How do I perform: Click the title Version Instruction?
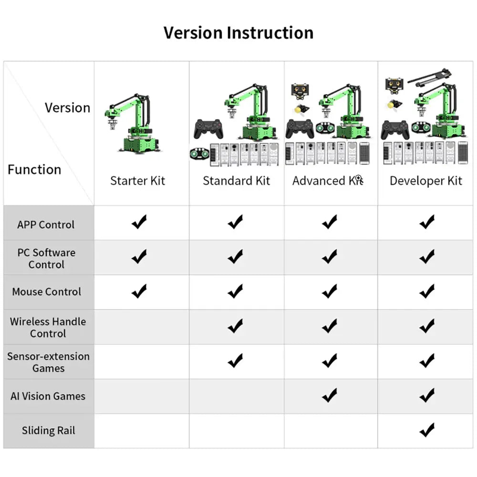click(238, 33)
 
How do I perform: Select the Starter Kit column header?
click(137, 181)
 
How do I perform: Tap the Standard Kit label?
click(236, 181)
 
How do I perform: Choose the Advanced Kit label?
click(327, 181)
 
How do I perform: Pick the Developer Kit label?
click(425, 181)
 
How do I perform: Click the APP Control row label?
click(46, 225)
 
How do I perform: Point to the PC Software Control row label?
click(46, 259)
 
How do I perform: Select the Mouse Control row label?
click(47, 292)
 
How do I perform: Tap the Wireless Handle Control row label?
click(48, 327)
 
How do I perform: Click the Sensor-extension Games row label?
click(48, 362)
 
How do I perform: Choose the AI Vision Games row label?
click(48, 396)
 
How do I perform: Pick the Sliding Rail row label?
click(48, 431)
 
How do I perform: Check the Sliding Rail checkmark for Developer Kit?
click(427, 430)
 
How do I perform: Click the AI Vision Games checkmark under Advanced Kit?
click(330, 395)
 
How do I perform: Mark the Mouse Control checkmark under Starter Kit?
click(139, 291)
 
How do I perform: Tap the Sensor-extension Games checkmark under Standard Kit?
click(235, 361)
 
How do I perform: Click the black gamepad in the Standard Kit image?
click(208, 128)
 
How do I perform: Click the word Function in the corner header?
click(34, 170)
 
